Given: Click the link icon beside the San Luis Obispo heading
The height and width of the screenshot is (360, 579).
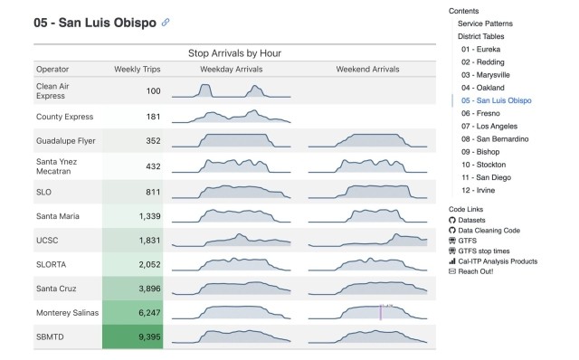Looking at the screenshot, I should pos(165,22).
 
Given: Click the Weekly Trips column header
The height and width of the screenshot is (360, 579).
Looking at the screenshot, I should pos(138,70).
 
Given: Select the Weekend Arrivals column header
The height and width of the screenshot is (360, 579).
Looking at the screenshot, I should pos(367,70).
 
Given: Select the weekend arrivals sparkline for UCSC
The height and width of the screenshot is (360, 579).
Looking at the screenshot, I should pos(367,240).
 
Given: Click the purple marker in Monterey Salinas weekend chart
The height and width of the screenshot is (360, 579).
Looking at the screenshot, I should pos(381,312).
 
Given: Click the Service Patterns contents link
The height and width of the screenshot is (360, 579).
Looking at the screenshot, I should pos(485,23).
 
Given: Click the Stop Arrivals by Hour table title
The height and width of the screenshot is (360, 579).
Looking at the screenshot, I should pos(234,53).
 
